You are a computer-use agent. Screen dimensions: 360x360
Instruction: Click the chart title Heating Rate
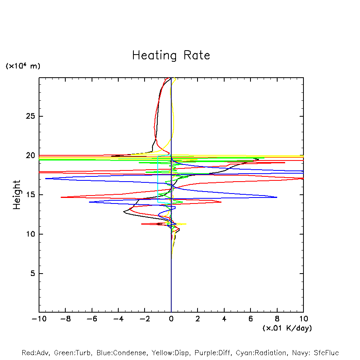coord(171,55)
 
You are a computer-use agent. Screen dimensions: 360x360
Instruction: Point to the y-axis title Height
coord(17,194)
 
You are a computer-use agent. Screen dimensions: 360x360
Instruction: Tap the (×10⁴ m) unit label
coord(23,66)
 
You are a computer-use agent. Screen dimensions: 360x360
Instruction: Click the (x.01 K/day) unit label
coord(287,328)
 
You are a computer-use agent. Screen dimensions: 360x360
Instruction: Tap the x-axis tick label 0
coord(171,319)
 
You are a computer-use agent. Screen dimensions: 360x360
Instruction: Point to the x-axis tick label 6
coord(250,319)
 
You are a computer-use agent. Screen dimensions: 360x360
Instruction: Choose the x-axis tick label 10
coord(303,319)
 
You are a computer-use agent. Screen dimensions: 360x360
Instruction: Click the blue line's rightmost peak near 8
coord(277,197)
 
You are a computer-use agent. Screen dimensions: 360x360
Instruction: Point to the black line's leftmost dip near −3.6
coord(124,212)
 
